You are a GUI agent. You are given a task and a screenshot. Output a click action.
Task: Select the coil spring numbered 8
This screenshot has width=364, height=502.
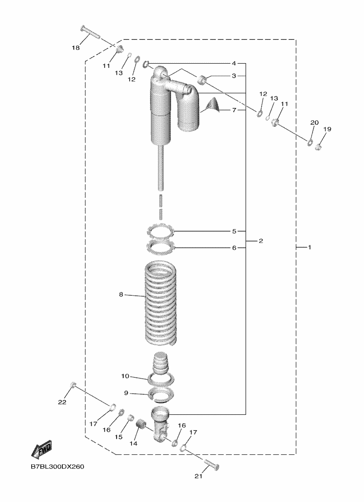pos(161,302)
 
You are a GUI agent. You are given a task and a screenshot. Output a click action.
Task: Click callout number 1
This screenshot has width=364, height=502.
pos(310,247)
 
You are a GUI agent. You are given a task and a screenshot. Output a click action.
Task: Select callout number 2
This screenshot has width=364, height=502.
pos(261,240)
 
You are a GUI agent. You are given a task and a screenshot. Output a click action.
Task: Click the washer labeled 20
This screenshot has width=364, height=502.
pos(310,142)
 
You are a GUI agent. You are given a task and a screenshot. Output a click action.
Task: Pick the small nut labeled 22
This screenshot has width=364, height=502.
pos(73,385)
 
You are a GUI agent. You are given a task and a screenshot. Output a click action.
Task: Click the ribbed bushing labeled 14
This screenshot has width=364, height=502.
pos(140,427)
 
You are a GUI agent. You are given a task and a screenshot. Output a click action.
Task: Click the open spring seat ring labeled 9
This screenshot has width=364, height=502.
pos(161,394)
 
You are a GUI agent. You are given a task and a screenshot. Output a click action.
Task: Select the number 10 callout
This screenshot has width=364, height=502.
pos(125,376)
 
